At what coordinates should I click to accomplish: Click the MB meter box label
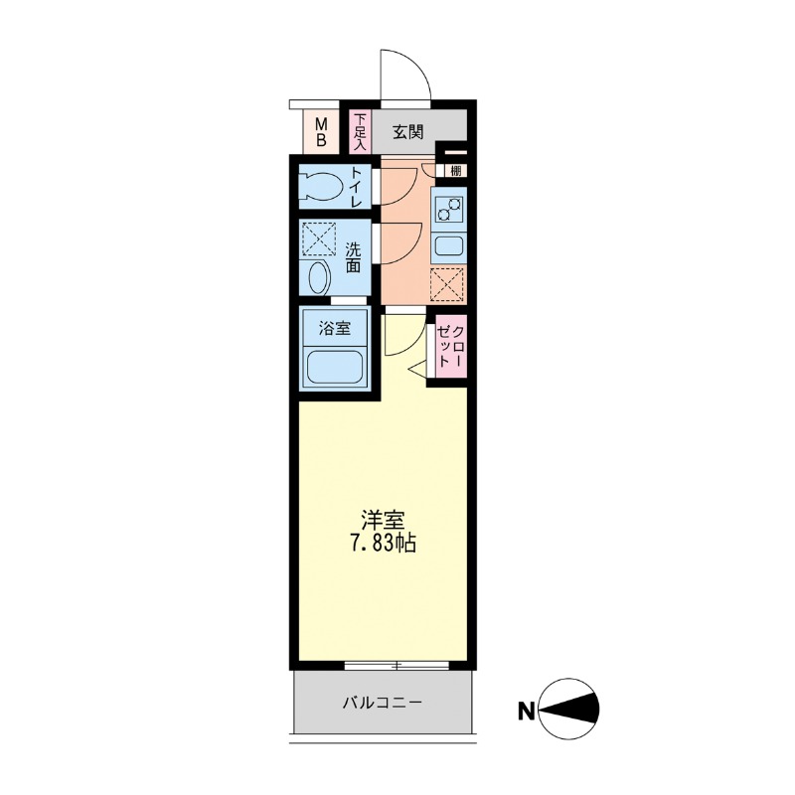[321, 131]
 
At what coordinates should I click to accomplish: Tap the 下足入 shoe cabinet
[360, 131]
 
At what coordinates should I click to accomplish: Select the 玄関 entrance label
[408, 132]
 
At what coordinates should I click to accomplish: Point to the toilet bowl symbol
[320, 187]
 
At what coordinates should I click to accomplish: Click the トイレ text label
[357, 187]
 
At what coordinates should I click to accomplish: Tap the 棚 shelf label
[456, 171]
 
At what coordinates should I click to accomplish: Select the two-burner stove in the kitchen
[449, 209]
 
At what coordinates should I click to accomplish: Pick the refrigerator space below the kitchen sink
[447, 284]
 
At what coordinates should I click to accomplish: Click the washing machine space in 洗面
[318, 238]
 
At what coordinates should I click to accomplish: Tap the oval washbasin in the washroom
[319, 277]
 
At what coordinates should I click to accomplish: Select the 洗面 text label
[354, 257]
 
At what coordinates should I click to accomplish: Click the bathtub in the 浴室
[335, 367]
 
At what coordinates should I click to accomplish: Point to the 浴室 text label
[335, 328]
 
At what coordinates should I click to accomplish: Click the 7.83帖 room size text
[383, 544]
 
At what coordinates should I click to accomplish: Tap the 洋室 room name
[383, 521]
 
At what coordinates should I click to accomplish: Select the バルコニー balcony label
[383, 703]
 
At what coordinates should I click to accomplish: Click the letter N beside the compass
[527, 712]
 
